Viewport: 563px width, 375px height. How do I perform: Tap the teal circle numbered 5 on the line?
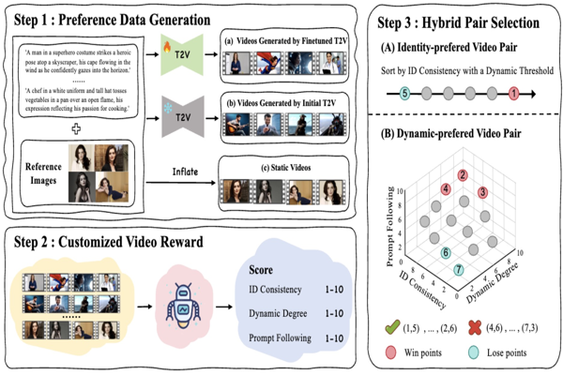coord(404,94)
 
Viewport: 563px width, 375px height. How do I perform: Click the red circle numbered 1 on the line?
coord(513,94)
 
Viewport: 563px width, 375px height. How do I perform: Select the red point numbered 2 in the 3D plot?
coord(463,176)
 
